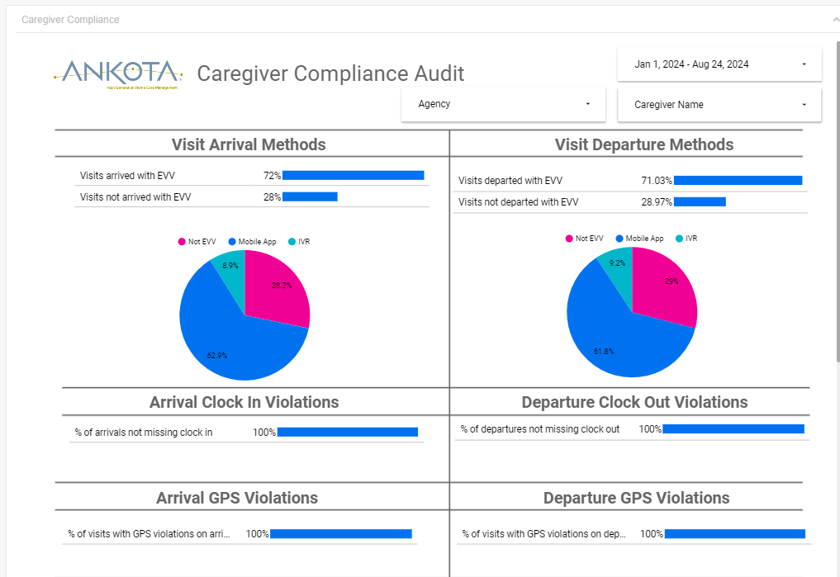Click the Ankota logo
118,73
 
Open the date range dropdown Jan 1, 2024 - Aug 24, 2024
719,64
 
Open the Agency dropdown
505,104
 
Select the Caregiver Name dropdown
719,105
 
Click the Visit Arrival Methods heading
249,144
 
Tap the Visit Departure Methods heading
644,144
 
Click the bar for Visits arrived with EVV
353,175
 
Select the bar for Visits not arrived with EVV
310,196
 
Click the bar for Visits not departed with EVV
700,201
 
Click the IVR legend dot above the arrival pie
292,242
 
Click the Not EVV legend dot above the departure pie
569,239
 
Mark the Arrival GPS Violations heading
237,498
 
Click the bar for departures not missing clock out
733,429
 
